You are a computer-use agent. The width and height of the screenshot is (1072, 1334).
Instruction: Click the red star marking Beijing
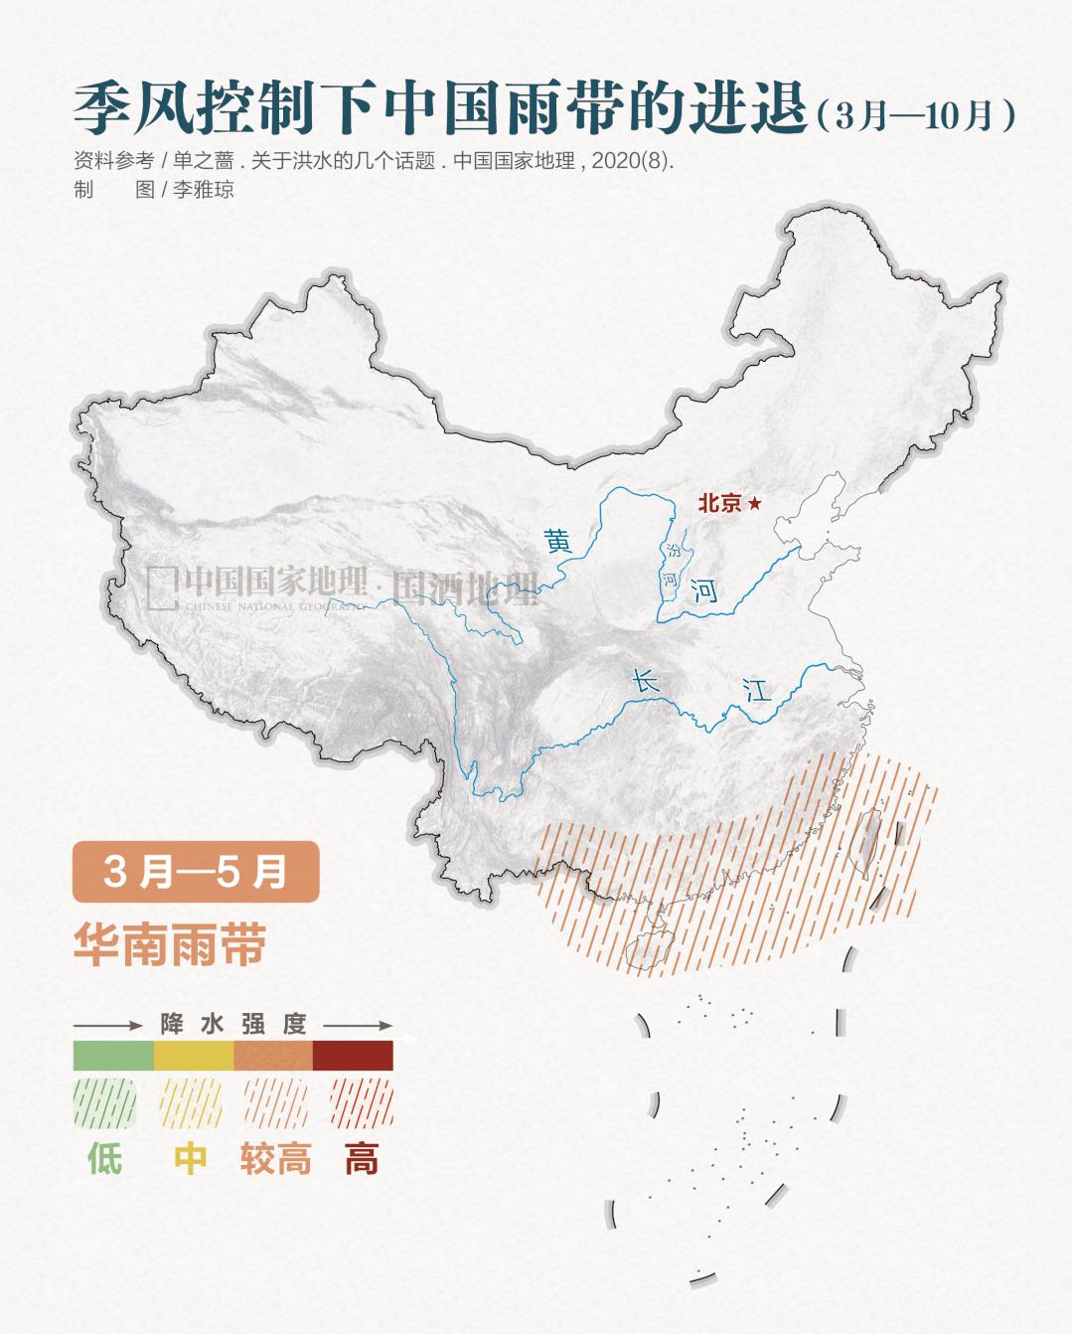click(x=755, y=504)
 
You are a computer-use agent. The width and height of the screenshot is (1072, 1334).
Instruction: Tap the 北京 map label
click(x=719, y=503)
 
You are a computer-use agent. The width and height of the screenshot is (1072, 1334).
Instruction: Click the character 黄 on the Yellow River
click(x=558, y=542)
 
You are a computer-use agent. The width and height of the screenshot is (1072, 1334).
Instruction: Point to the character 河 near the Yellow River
click(x=704, y=591)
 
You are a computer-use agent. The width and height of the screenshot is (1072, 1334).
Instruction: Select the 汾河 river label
click(x=673, y=564)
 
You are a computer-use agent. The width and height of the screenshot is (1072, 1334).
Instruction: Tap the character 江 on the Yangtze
click(x=758, y=689)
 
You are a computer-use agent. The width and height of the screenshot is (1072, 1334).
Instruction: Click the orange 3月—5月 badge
click(x=196, y=872)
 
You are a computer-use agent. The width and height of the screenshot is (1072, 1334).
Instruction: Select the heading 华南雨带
click(x=170, y=944)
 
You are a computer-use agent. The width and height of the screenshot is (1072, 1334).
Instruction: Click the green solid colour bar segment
click(x=113, y=1055)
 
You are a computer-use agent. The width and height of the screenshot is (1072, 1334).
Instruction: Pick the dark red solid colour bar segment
click(x=353, y=1055)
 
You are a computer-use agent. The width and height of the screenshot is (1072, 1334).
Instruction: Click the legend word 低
click(x=104, y=1159)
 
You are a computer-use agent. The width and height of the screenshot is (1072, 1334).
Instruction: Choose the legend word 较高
click(x=275, y=1159)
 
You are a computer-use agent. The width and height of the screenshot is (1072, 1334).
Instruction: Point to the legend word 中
click(x=191, y=1159)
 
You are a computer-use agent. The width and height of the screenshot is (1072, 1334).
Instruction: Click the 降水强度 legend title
click(x=233, y=1024)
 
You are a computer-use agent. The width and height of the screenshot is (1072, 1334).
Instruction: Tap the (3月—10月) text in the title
click(x=915, y=115)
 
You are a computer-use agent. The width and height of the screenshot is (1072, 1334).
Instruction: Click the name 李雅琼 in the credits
click(x=204, y=190)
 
